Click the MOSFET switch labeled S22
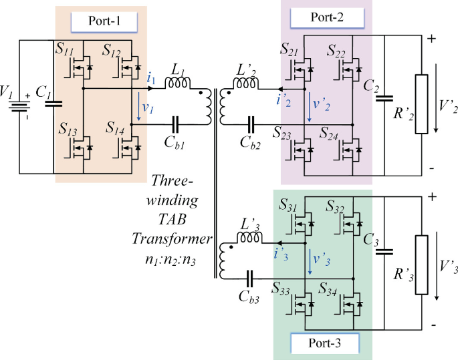(347, 68)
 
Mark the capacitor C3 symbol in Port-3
(384, 252)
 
